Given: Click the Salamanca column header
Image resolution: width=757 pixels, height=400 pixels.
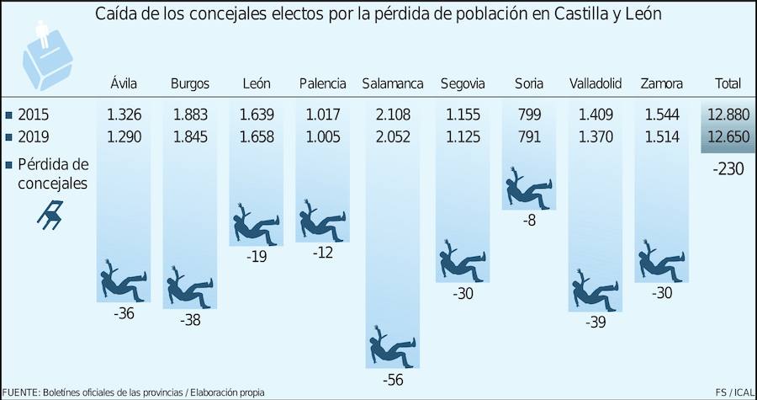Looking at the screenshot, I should coord(393,83).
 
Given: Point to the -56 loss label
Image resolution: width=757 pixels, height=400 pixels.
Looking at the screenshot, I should coord(393,380).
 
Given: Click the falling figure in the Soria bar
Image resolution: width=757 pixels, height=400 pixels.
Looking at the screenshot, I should coord(530,189).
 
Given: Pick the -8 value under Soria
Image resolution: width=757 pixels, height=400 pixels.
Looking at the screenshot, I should coord(530,221).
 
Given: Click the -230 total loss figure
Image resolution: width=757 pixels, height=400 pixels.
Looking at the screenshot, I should coord(726,169).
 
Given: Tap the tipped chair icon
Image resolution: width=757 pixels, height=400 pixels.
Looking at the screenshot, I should coord(50,215).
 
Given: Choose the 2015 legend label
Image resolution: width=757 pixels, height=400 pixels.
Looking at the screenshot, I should coord(33,114).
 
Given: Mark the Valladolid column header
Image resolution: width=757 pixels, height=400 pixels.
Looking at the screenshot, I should coord(595,83).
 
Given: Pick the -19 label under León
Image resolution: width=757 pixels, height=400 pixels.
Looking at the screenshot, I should coord(256,257).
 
